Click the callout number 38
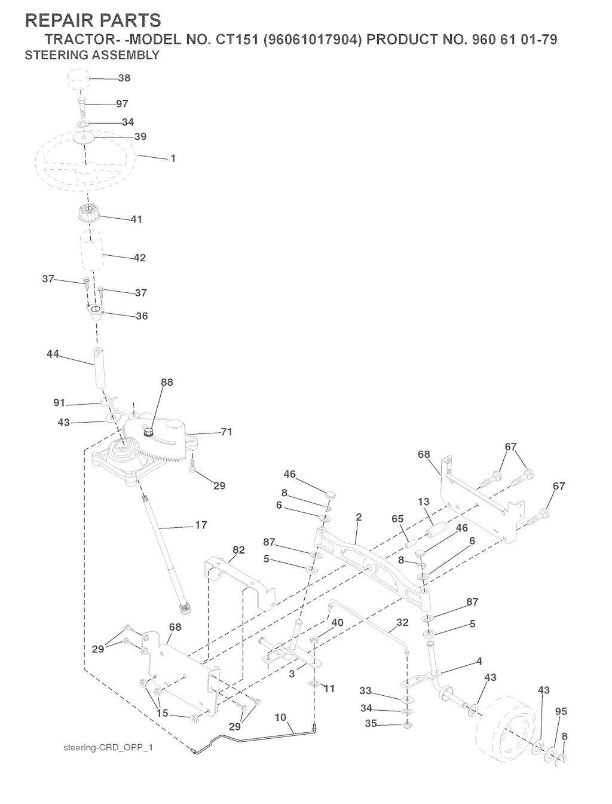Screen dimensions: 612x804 coord(124,78)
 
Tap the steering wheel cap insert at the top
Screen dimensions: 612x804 coord(78,80)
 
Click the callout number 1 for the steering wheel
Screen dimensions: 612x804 coord(173,158)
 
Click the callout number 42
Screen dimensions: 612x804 coord(139,258)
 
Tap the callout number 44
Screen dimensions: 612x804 coord(53,354)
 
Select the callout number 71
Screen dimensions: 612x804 coord(227,432)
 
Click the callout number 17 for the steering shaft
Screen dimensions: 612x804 coord(201,525)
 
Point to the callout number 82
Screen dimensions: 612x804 coord(239,550)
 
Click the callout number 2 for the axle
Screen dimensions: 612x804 coord(359,517)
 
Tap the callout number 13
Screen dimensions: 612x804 coord(424,502)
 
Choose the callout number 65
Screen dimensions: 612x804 coord(397,519)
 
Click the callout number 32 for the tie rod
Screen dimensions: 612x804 coord(402,622)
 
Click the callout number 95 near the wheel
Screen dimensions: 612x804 coord(561,711)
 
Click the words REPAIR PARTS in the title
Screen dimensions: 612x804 coord(93,20)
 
